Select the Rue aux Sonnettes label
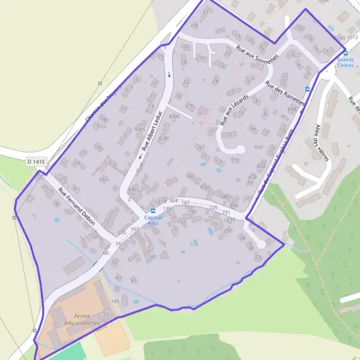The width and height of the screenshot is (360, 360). [257, 56]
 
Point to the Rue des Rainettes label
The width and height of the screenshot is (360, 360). [285, 94]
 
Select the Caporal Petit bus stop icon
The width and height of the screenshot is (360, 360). [152, 211]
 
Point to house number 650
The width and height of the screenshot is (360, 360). [259, 147]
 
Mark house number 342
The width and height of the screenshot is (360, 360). [190, 176]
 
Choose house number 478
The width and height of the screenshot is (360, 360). [253, 177]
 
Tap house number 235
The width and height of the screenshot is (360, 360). [229, 230]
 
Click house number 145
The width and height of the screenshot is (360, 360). [116, 301]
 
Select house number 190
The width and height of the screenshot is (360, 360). [192, 212]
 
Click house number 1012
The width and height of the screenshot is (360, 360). [354, 37]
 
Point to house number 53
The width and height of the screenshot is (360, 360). [258, 256]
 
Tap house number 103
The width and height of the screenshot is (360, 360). [134, 229]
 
